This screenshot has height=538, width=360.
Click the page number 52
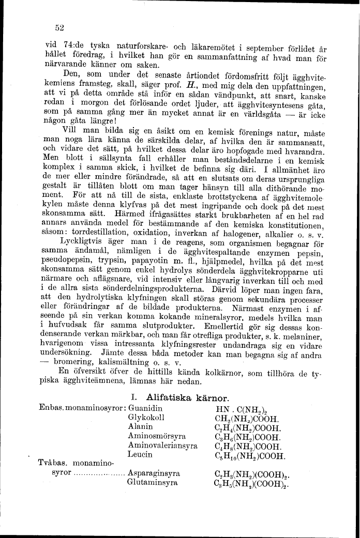[58, 28]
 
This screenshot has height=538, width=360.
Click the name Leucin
[140, 454]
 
